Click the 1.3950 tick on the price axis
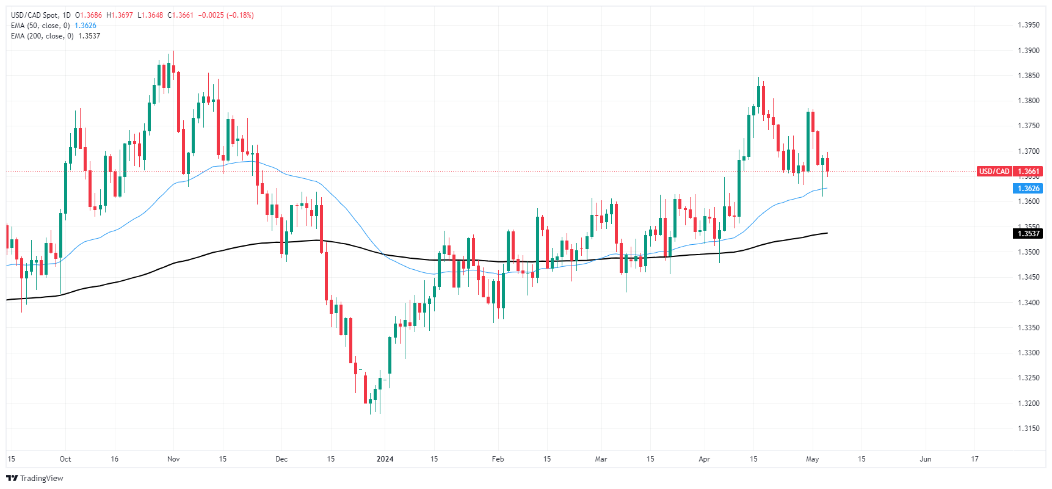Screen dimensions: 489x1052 coord(1028,25)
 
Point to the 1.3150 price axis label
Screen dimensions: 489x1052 coord(1028,429)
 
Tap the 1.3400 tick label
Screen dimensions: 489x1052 coord(1028,303)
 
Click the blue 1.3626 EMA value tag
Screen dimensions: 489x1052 coord(1028,189)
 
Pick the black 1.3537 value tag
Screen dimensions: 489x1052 coord(1028,234)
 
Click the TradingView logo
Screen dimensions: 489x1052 coord(35,478)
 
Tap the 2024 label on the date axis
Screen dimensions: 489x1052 coord(385,459)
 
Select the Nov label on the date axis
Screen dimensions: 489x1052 coord(173,459)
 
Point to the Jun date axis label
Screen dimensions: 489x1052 coord(926,459)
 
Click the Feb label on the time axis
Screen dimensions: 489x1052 coord(498,459)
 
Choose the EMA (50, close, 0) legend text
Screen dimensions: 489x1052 coord(40,26)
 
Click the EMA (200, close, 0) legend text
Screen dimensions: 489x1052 coord(42,36)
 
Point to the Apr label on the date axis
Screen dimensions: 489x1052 coord(705,459)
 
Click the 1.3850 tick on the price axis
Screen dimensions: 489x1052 coord(1028,76)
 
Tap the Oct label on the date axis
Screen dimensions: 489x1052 coord(65,459)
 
